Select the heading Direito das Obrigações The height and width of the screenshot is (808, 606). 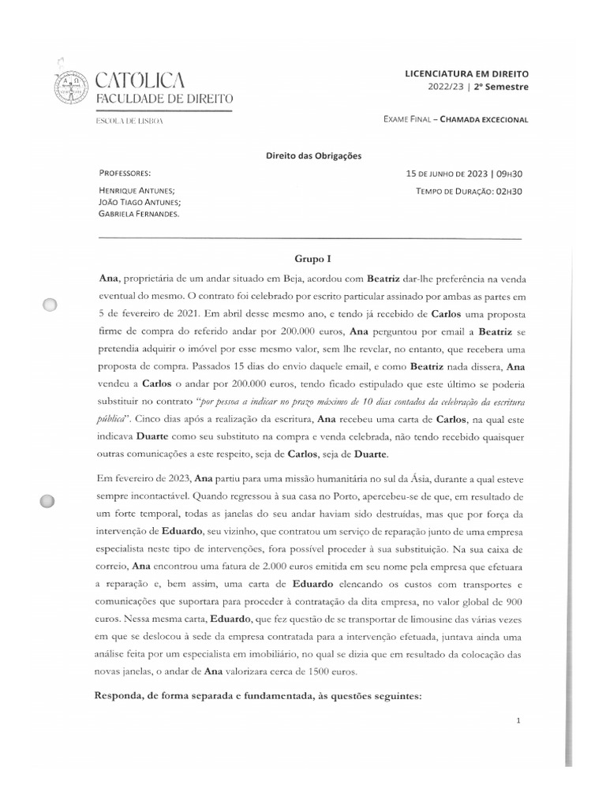pyautogui.click(x=313, y=156)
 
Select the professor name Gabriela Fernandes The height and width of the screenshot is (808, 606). pyautogui.click(x=138, y=214)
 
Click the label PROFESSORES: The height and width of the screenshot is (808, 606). pyautogui.click(x=125, y=173)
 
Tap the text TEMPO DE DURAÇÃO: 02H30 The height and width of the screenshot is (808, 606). pyautogui.click(x=471, y=191)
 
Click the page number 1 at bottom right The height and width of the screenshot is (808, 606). pyautogui.click(x=518, y=720)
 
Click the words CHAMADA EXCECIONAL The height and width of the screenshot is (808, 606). pyautogui.click(x=484, y=119)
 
